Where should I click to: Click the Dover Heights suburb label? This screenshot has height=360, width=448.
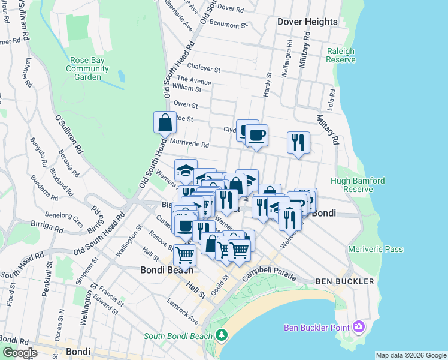(x=307, y=22)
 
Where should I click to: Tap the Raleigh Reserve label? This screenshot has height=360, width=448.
(x=340, y=56)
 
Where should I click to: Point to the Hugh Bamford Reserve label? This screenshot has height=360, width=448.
(x=352, y=185)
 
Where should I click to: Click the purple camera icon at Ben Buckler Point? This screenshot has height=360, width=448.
(x=359, y=327)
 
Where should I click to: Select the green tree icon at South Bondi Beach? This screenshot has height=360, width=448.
(x=222, y=334)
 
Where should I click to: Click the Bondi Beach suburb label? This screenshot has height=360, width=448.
(x=168, y=269)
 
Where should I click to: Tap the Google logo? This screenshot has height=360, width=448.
(x=20, y=353)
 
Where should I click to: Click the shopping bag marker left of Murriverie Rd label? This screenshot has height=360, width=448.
(x=165, y=122)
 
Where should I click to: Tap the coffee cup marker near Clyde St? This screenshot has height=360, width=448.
(x=256, y=135)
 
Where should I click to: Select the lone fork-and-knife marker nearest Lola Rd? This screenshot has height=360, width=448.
(x=298, y=143)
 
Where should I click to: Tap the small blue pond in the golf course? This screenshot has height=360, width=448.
(x=122, y=76)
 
